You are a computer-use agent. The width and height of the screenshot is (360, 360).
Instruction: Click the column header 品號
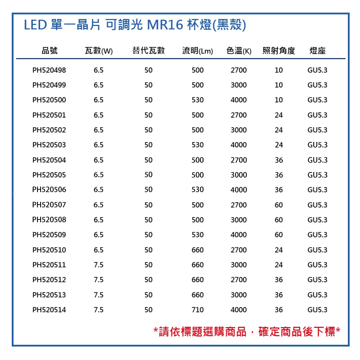click(x=49, y=51)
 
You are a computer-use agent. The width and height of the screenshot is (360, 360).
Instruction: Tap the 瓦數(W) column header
click(x=99, y=51)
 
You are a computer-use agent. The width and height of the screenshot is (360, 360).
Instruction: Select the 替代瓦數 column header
click(x=148, y=51)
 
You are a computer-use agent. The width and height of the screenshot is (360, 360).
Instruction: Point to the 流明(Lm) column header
click(x=198, y=51)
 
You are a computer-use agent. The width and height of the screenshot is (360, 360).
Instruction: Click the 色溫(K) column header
click(x=239, y=51)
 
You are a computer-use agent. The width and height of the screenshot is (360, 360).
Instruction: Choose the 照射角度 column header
click(x=279, y=51)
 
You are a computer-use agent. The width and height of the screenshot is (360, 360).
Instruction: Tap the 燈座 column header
click(x=317, y=51)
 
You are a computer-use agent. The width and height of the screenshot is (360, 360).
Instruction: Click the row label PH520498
click(x=49, y=70)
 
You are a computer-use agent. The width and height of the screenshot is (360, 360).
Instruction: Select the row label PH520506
click(x=49, y=190)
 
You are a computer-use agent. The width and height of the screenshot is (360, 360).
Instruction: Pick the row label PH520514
click(x=49, y=310)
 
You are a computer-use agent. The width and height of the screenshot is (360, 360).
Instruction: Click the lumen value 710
click(x=198, y=310)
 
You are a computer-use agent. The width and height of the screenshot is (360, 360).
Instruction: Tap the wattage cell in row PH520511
click(x=99, y=265)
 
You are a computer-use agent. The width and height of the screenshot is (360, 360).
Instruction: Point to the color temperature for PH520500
click(x=239, y=100)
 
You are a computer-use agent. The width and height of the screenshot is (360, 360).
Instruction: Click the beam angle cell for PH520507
click(x=279, y=205)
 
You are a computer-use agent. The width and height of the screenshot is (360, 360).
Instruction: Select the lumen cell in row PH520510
click(x=198, y=250)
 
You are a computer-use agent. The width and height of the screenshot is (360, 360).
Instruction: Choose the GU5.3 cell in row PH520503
click(x=317, y=145)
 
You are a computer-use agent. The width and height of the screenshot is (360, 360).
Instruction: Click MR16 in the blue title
click(x=165, y=25)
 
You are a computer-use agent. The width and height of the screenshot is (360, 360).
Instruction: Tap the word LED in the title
click(x=35, y=25)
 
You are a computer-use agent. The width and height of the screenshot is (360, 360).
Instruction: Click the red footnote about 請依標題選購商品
click(x=247, y=332)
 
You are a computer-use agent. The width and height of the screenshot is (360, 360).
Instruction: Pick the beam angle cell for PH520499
click(x=279, y=85)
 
